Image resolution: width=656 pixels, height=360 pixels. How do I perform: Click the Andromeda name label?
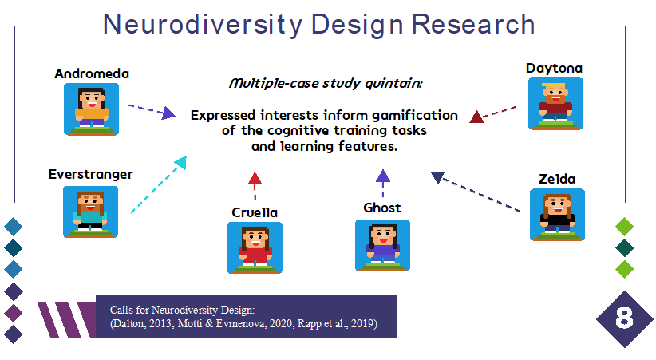(92, 73)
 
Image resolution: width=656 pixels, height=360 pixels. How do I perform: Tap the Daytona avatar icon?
(555, 104)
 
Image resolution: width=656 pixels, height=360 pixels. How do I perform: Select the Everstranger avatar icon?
(90, 212)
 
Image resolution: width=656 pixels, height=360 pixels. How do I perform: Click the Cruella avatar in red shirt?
(255, 247)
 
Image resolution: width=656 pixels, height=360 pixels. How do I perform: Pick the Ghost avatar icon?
(382, 245)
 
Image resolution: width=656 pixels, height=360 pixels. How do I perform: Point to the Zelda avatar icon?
(557, 215)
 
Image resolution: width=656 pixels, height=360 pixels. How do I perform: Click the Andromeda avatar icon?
(91, 109)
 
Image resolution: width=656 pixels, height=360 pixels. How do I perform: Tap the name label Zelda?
(557, 179)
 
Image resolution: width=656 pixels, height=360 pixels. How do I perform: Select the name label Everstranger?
(91, 174)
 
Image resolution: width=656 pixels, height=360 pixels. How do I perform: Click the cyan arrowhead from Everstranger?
(181, 162)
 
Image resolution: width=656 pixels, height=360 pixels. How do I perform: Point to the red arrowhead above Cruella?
(255, 178)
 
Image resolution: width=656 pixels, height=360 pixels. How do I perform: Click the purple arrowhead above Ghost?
(383, 176)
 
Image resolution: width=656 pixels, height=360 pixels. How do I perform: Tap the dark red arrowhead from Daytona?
(476, 117)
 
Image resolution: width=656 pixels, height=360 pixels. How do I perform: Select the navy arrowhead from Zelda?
(437, 177)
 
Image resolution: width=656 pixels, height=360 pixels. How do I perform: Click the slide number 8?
(624, 318)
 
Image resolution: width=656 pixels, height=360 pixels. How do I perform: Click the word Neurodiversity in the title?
(203, 24)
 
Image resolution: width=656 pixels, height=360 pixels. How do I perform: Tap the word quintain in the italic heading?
(393, 83)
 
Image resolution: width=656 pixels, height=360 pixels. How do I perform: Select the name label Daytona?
(555, 68)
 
